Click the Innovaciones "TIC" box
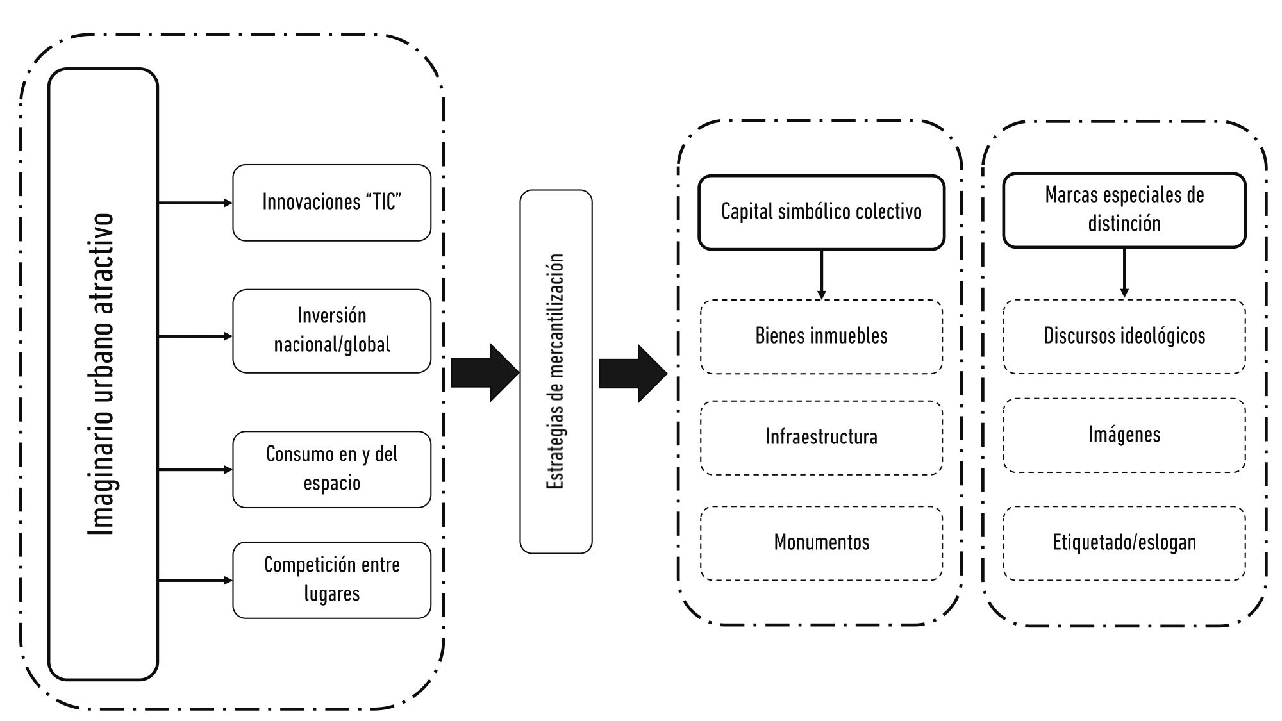(x=331, y=203)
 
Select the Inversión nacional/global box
(x=331, y=331)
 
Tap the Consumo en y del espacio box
(x=331, y=469)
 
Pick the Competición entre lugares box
(x=331, y=580)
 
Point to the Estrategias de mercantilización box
(x=556, y=372)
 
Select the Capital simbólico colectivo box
(x=821, y=212)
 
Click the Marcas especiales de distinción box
(x=1124, y=210)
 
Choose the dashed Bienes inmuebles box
(x=821, y=336)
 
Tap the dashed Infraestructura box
(x=821, y=438)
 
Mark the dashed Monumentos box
(x=821, y=543)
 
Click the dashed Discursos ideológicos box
(x=1124, y=336)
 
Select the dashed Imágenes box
(x=1124, y=435)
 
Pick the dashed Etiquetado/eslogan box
(x=1124, y=543)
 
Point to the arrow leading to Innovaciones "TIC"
(x=195, y=203)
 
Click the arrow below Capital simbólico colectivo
(x=821, y=274)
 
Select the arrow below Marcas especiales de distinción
(x=1124, y=273)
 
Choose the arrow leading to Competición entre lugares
(x=195, y=581)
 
